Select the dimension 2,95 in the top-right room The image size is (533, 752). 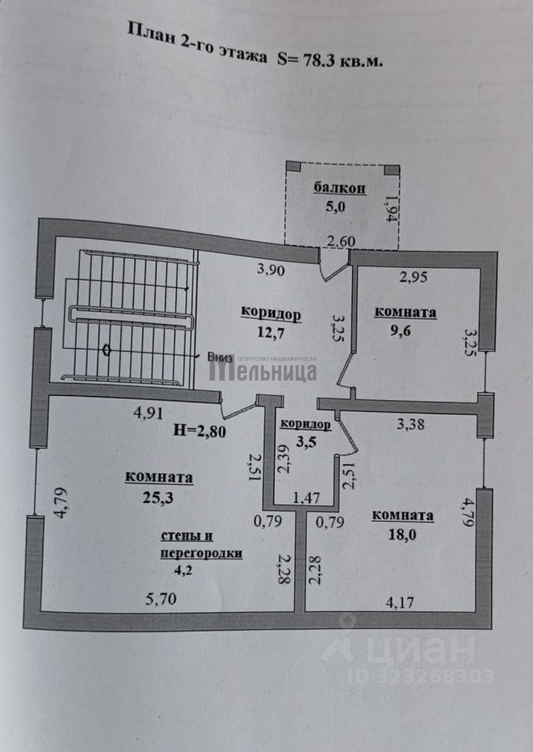[414, 276]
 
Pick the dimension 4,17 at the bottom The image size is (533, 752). [401, 604]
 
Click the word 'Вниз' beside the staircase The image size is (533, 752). [221, 356]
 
